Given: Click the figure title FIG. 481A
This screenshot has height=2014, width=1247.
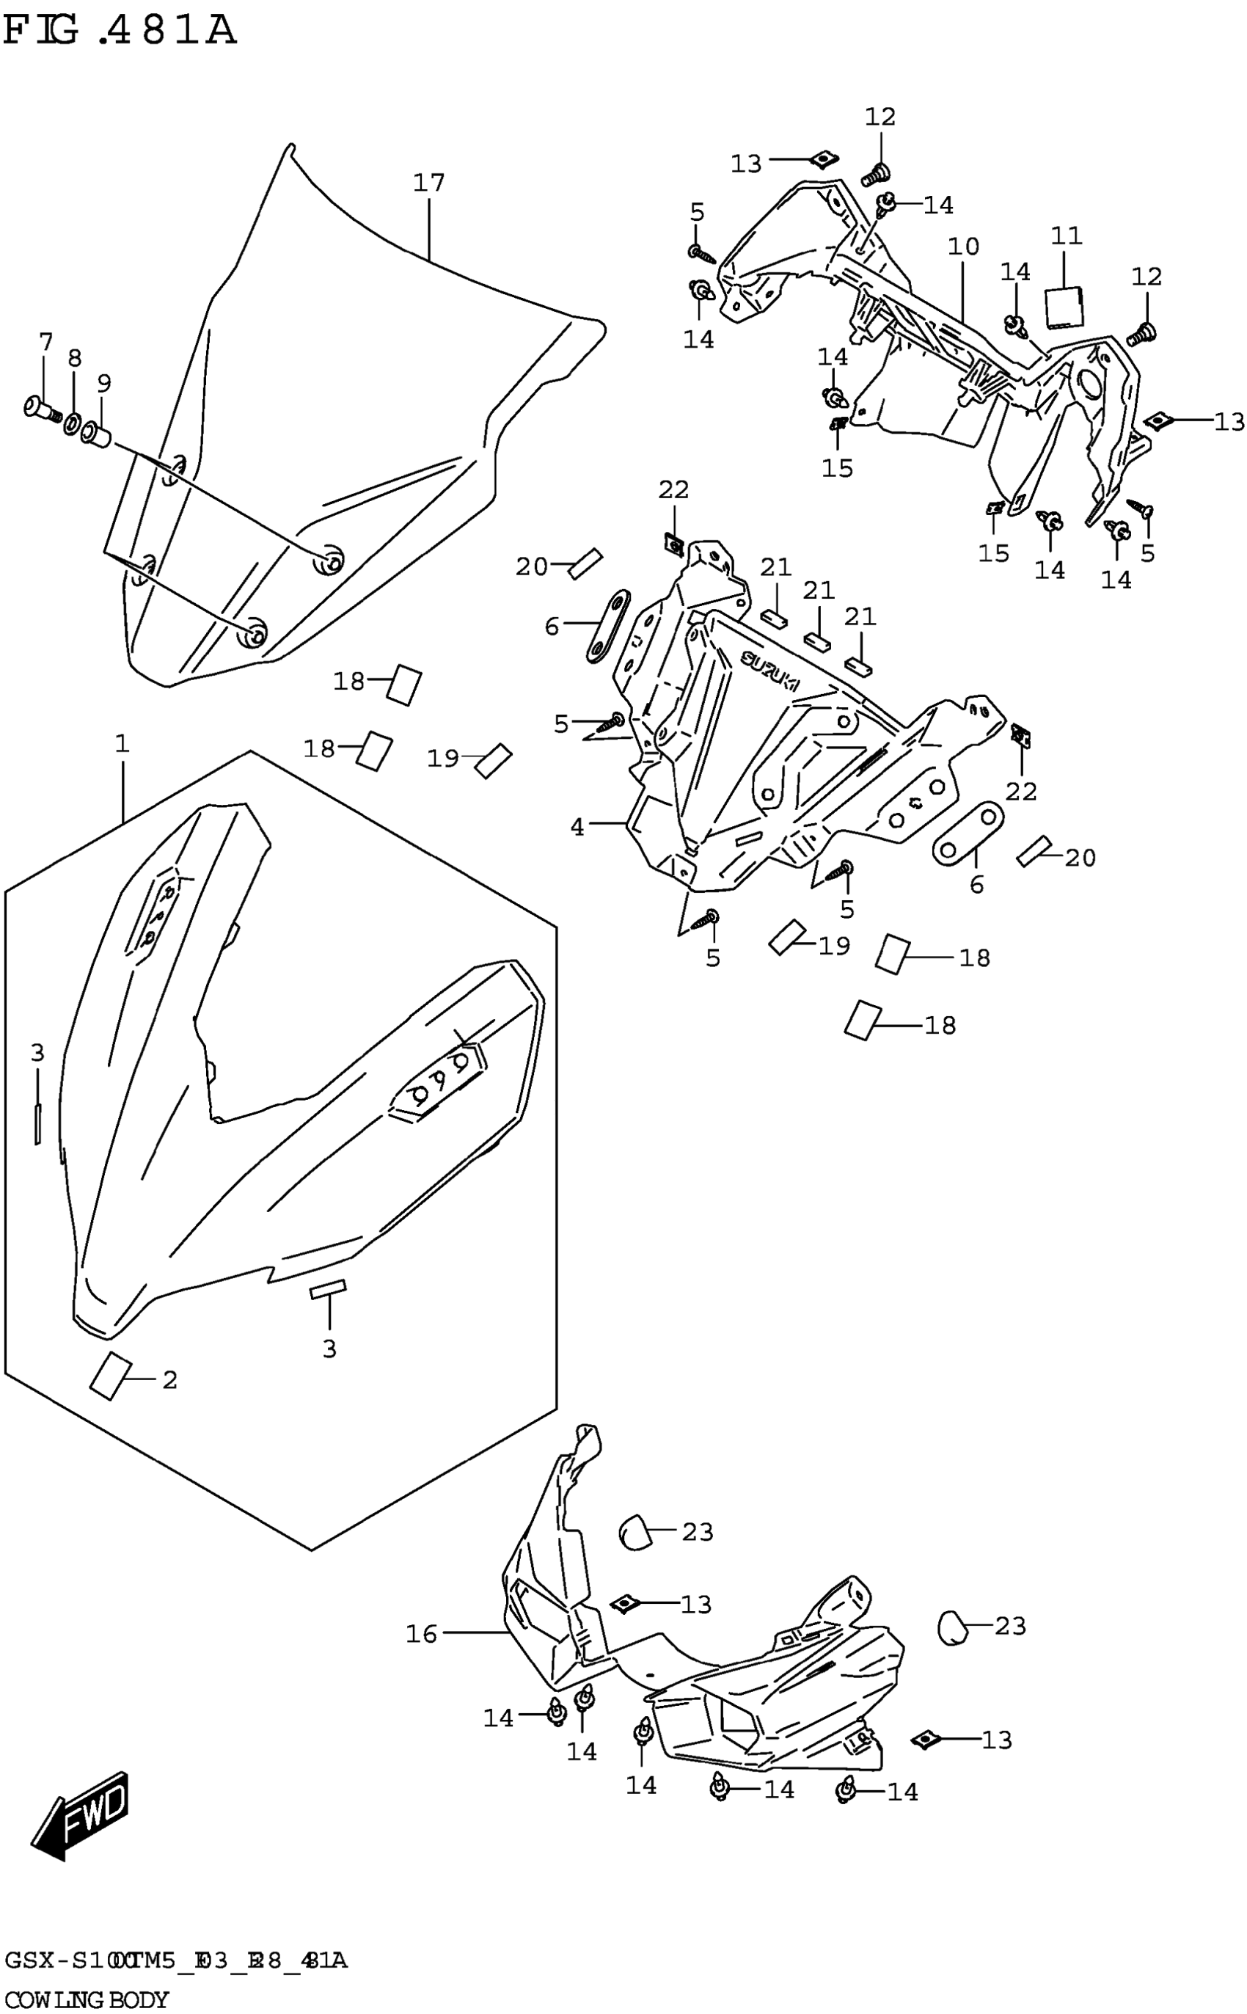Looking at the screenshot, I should (120, 32).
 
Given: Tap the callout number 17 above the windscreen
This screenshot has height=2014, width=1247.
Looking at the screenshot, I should (429, 182).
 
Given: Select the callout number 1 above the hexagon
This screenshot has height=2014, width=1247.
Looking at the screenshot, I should (122, 744).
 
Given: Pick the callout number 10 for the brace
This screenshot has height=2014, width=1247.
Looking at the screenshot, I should (962, 246).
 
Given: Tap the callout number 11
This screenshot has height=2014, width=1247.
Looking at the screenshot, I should (1066, 236).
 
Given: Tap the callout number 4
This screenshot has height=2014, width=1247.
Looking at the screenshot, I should (577, 825).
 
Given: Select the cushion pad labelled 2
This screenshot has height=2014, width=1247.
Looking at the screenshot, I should (110, 1376).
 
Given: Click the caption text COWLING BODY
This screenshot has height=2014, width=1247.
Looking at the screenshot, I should (87, 1999).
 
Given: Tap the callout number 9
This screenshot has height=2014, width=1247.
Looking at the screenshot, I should (103, 384).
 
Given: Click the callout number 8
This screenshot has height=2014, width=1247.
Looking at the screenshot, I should (74, 358).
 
